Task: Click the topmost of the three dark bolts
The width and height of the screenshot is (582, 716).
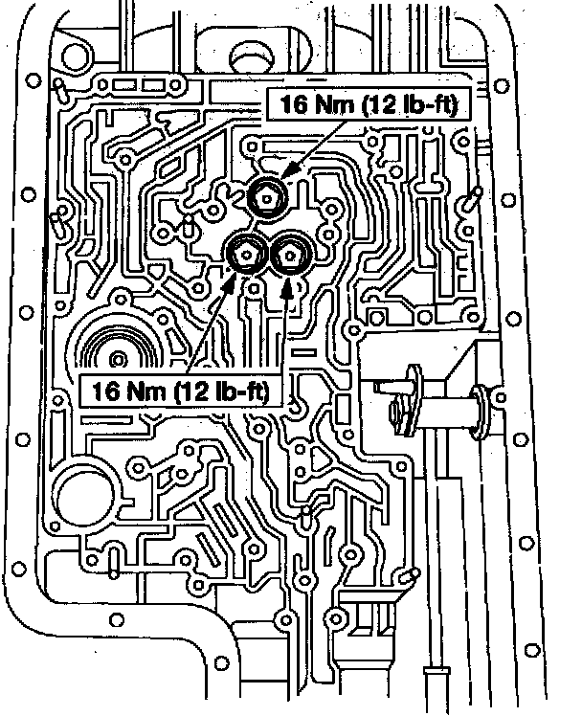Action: [x=264, y=197]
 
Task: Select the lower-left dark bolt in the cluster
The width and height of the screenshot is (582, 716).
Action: [x=245, y=254]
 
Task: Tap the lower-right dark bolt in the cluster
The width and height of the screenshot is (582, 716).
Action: [x=286, y=255]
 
